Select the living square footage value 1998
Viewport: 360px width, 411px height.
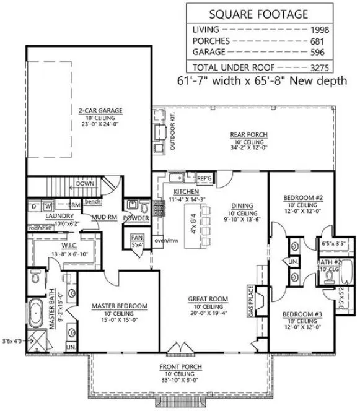pyautogui.click(x=338, y=29)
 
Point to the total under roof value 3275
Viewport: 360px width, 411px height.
pyautogui.click(x=338, y=66)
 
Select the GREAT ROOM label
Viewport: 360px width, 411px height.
pyautogui.click(x=208, y=299)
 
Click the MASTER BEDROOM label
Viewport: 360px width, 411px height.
pyautogui.click(x=119, y=306)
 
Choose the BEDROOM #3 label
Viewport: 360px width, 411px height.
pyautogui.click(x=303, y=314)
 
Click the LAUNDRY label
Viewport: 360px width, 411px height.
pyautogui.click(x=42, y=216)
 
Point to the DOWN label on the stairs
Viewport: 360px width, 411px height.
pyautogui.click(x=85, y=183)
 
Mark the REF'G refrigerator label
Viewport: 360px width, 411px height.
pyautogui.click(x=204, y=178)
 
